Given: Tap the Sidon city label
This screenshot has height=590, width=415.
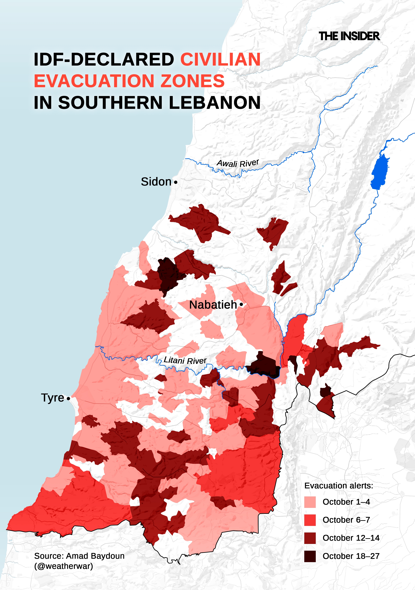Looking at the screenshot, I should pos(156,182).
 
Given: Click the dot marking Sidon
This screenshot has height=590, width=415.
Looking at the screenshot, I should pos(176,182).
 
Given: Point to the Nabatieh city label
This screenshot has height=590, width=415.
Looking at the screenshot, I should pos(213,305).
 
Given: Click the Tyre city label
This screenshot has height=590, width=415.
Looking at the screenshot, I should pos(52,398).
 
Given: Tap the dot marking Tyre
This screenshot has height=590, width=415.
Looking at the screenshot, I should pos(68,399).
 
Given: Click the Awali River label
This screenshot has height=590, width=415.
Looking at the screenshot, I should pos(238,163).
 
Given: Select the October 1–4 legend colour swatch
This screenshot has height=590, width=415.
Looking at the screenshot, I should pos(310,502).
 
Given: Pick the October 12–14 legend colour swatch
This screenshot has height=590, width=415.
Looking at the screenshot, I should pos(310,538).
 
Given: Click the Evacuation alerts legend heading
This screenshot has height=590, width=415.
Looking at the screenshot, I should pos(338,486).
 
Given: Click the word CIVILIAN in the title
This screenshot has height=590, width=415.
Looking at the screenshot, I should pos(220,59).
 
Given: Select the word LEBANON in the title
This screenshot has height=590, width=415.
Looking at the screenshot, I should pos(215,103).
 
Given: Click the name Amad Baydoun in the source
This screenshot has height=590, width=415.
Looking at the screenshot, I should pos(95,556).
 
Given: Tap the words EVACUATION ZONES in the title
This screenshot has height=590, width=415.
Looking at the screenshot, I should pos(129,81).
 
